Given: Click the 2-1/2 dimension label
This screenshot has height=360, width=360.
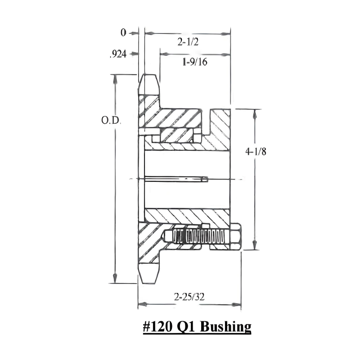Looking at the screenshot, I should pyautogui.click(x=189, y=42).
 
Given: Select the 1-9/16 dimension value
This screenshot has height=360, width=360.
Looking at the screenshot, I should pyautogui.click(x=194, y=63).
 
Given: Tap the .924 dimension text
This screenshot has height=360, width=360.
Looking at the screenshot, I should pyautogui.click(x=117, y=54).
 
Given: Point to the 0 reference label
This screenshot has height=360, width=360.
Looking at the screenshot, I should pyautogui.click(x=123, y=33).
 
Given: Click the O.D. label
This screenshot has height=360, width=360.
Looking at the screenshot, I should pyautogui.click(x=111, y=121).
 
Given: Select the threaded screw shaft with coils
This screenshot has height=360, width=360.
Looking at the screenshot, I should pyautogui.click(x=202, y=236).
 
